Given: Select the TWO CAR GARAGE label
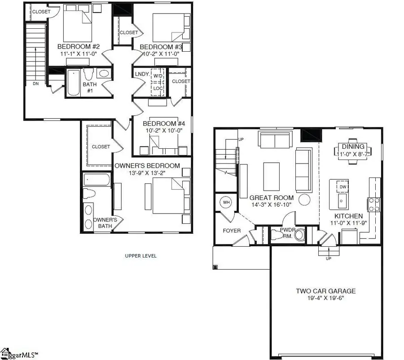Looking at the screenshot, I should coord(325,291).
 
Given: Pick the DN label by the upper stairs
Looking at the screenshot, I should coord(35,83).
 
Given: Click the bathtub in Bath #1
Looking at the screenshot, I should coord(74,82).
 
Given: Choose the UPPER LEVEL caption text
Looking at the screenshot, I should coord(141,256).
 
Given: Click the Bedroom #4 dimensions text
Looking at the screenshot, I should coord(162,131).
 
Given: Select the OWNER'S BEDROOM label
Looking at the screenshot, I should coord(147,165).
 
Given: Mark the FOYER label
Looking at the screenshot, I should coord(232,231).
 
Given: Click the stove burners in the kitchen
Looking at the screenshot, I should coord(374,205).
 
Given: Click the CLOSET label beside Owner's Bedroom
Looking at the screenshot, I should coord(101,147).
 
